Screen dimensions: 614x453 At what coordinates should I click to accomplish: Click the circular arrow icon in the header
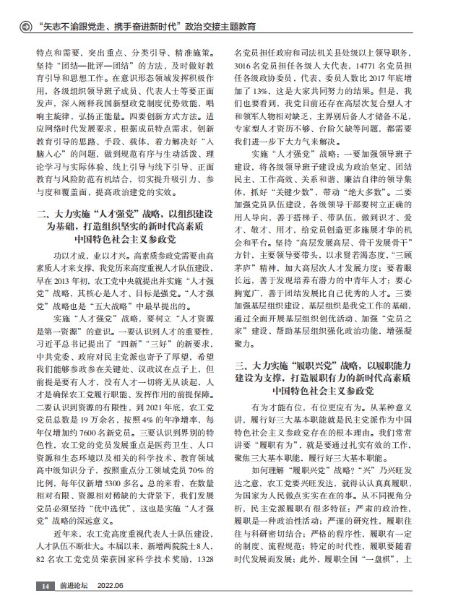point(25,27)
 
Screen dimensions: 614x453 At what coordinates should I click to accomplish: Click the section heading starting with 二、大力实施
point(127,225)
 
